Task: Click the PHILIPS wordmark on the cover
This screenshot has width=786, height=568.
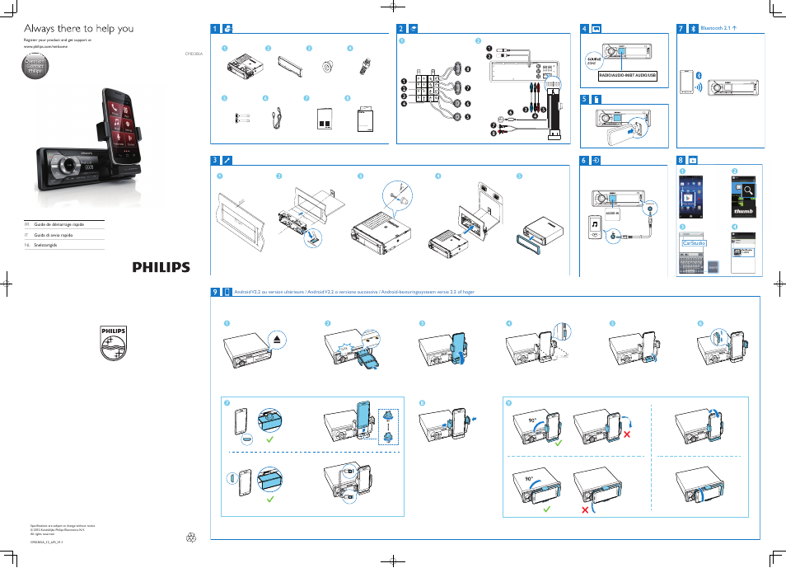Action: tap(161, 267)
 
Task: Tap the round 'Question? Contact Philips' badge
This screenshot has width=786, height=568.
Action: tap(35, 68)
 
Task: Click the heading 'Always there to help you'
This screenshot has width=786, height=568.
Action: tap(79, 28)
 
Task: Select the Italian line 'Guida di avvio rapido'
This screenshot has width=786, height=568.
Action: tap(53, 235)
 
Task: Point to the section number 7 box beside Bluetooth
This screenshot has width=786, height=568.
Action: tap(681, 28)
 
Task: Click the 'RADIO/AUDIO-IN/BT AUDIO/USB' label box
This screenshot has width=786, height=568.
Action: tap(627, 75)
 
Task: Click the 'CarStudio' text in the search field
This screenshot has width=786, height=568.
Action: tap(695, 244)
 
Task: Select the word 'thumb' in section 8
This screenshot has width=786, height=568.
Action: tap(745, 210)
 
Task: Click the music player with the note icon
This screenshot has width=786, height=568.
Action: tap(596, 225)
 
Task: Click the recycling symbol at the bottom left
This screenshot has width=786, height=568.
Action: tap(192, 538)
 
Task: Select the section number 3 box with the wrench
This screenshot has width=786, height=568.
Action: tap(215, 160)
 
